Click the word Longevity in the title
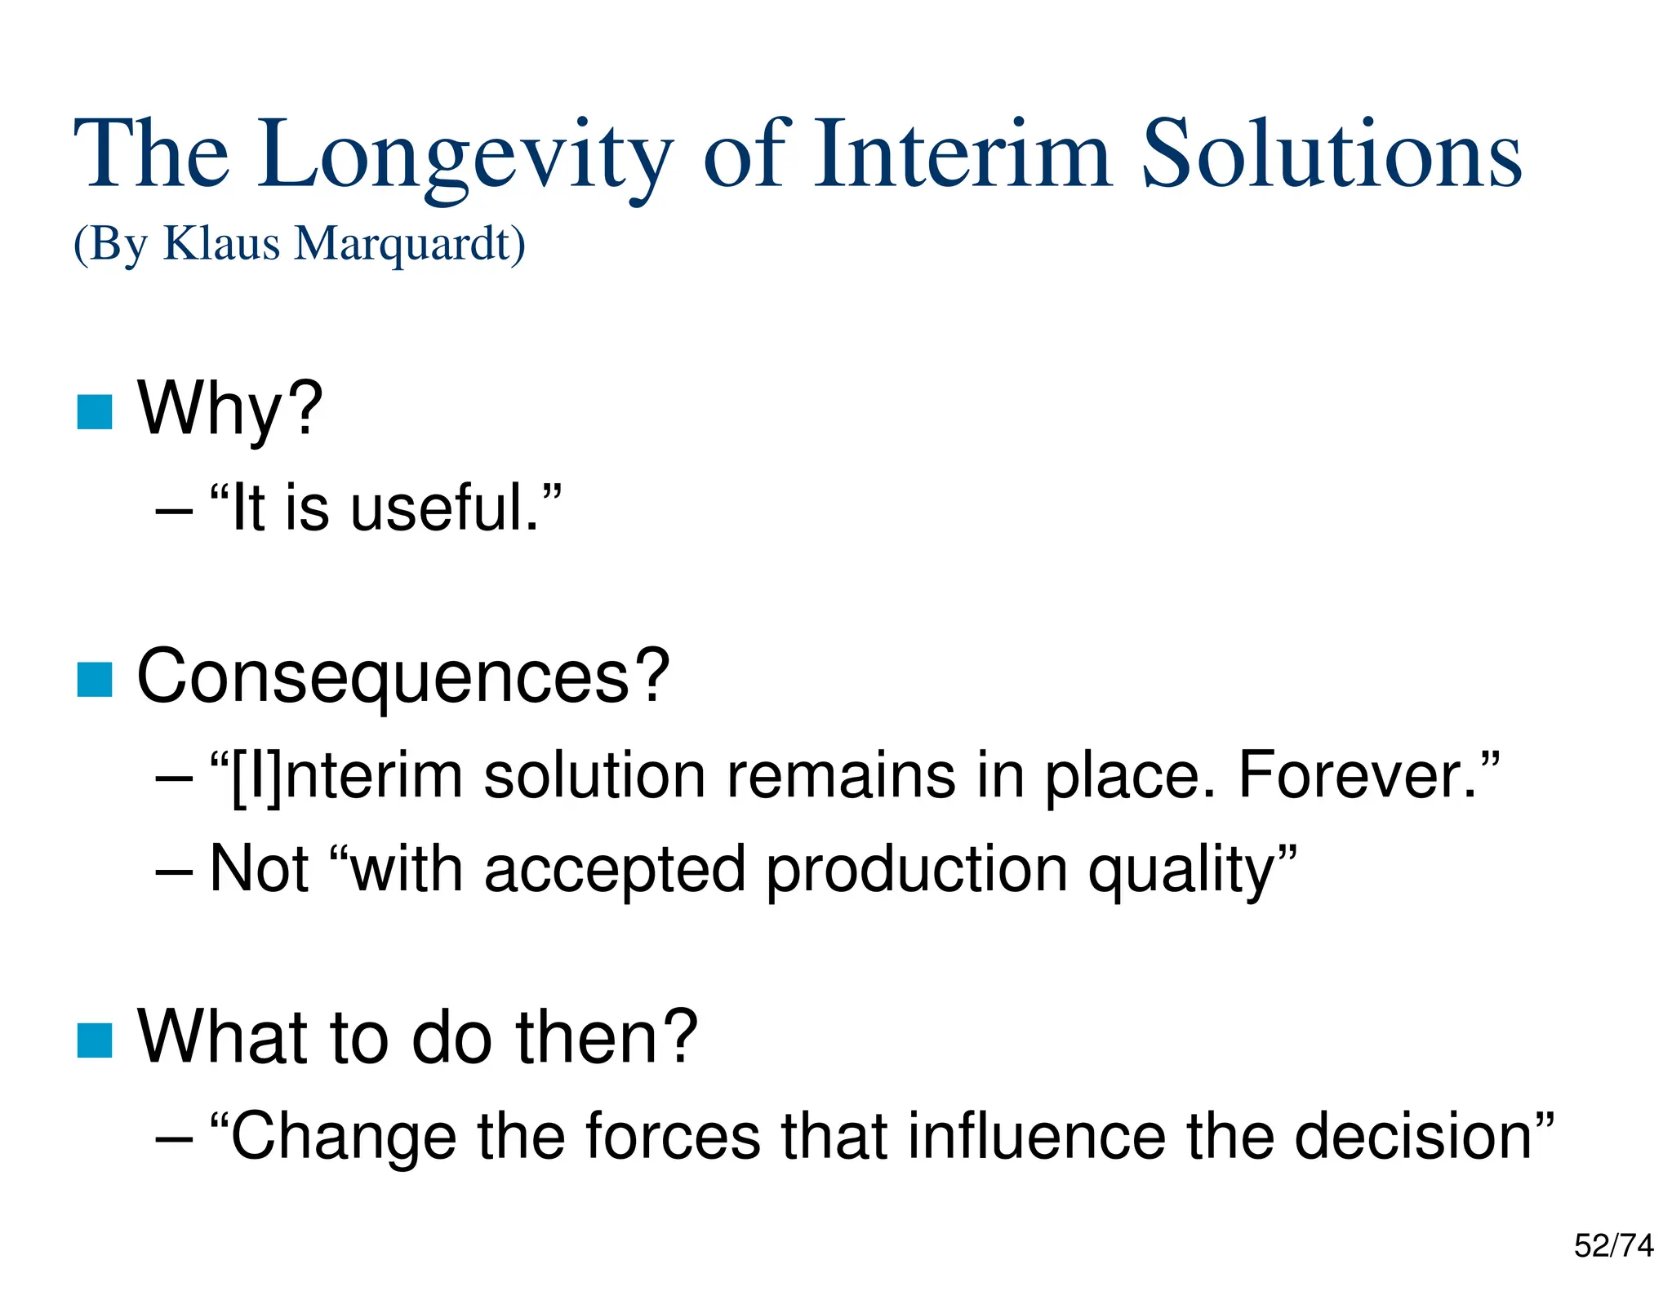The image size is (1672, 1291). click(465, 155)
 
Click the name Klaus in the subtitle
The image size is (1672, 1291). click(221, 243)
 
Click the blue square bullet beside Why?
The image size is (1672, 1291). click(95, 412)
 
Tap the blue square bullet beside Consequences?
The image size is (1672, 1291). click(95, 680)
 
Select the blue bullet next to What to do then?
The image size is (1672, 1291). click(95, 1040)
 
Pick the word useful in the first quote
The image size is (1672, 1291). click(445, 508)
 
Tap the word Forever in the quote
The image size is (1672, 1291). click(1358, 775)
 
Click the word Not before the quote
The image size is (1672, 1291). click(260, 868)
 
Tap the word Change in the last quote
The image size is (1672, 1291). click(343, 1136)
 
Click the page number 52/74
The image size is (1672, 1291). click(1613, 1246)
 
